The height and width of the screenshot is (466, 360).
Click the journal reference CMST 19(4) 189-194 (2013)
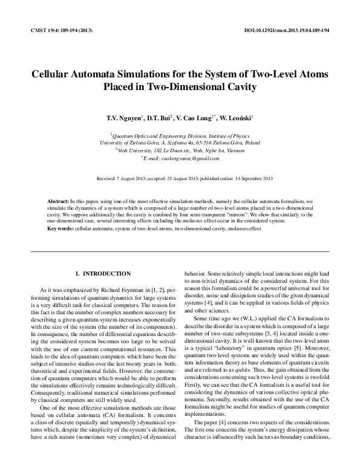57,30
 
